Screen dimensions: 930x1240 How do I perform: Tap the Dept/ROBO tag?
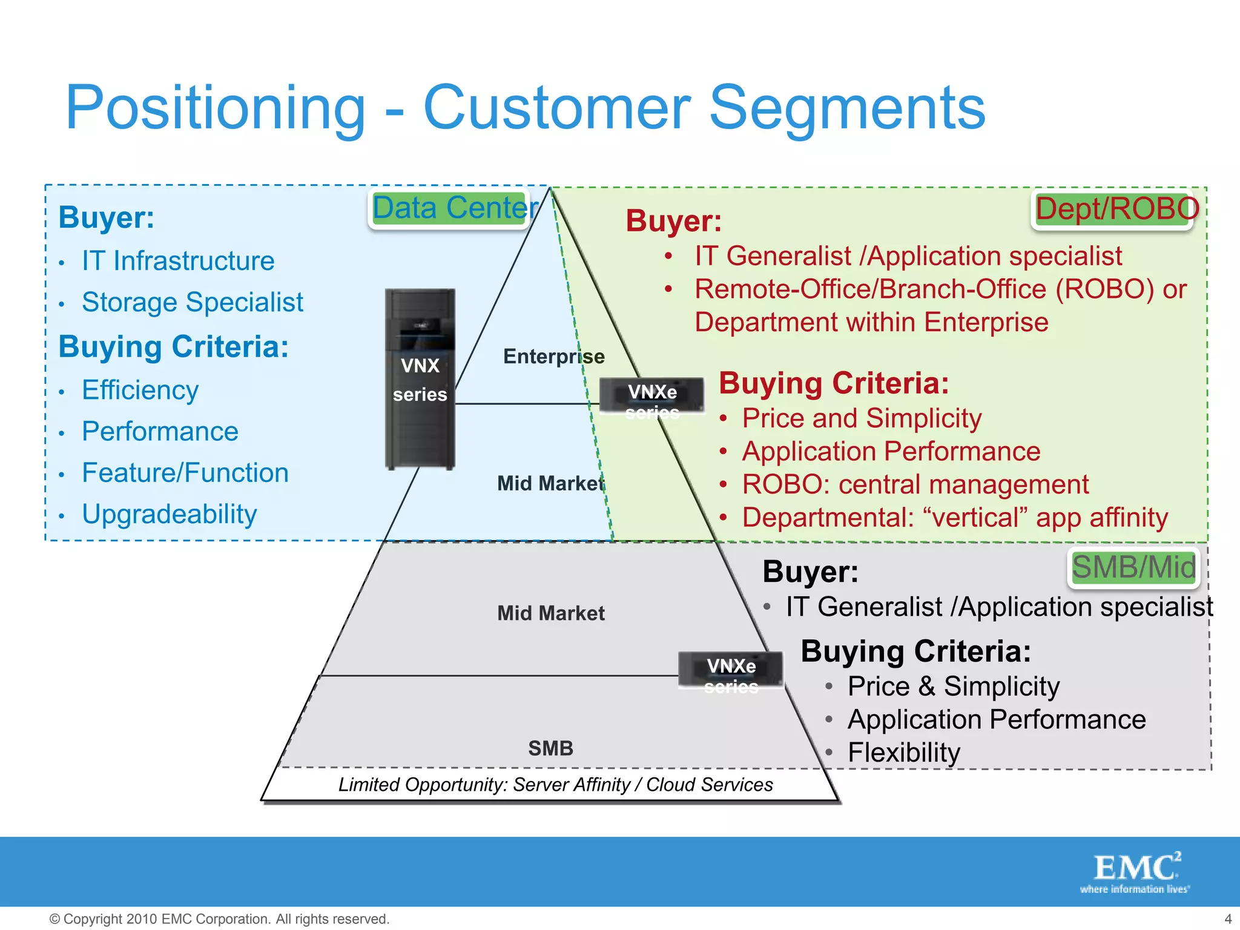tap(1112, 209)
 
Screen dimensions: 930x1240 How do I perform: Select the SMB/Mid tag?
tap(1133, 568)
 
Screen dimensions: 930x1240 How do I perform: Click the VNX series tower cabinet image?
tap(420, 379)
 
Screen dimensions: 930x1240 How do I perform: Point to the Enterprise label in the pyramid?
tap(553, 357)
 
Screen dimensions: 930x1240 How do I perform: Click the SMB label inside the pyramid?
tap(550, 748)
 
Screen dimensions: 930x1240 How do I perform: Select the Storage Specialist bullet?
tap(192, 302)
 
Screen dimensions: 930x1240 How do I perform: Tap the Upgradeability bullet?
tap(169, 514)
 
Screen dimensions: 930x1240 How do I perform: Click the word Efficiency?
tap(140, 390)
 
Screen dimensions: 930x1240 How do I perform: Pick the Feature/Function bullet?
tap(185, 473)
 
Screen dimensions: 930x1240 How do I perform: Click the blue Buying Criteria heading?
tap(174, 347)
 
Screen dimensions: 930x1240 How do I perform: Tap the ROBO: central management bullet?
tap(915, 484)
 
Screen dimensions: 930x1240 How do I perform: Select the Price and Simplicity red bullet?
tap(862, 418)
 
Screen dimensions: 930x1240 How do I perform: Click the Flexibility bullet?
tap(903, 753)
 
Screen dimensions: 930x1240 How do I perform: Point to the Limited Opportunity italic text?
tap(555, 785)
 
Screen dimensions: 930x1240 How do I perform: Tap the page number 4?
tap(1228, 919)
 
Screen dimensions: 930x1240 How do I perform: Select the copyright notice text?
tap(219, 919)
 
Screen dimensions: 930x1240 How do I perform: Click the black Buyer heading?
tap(810, 572)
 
